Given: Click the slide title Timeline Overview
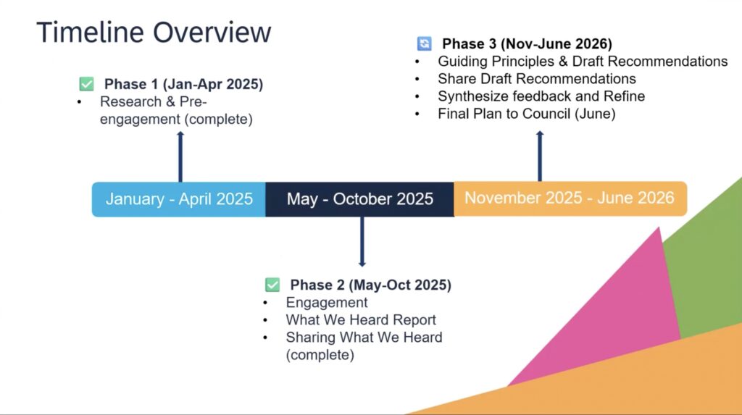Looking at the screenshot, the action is [x=154, y=32].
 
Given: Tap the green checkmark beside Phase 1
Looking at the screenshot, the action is [x=87, y=84].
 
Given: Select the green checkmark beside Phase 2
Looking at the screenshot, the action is [x=272, y=285].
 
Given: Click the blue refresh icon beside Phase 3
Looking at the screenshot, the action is [x=424, y=43].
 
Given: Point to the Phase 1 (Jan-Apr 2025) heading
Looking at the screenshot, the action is [x=183, y=84].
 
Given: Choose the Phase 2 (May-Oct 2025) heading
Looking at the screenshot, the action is [x=370, y=285].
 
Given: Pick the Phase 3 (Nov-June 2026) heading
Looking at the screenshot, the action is [x=528, y=44].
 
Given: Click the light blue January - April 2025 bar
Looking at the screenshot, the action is [x=179, y=199].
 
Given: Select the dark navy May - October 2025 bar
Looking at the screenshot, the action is [x=359, y=199].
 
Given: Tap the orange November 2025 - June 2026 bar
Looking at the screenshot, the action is [x=570, y=198].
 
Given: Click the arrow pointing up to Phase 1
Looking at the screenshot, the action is [x=180, y=156].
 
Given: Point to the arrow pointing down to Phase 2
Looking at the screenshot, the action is [x=362, y=242].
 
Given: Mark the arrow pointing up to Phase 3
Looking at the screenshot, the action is [x=540, y=156].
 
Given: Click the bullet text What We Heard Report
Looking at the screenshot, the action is [x=361, y=320].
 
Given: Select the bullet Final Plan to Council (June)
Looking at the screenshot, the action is [x=527, y=114].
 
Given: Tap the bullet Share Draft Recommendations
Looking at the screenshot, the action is [x=537, y=78].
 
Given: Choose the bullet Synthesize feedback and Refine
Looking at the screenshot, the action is [x=541, y=96].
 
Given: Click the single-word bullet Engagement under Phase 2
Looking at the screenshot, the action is [x=327, y=303].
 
